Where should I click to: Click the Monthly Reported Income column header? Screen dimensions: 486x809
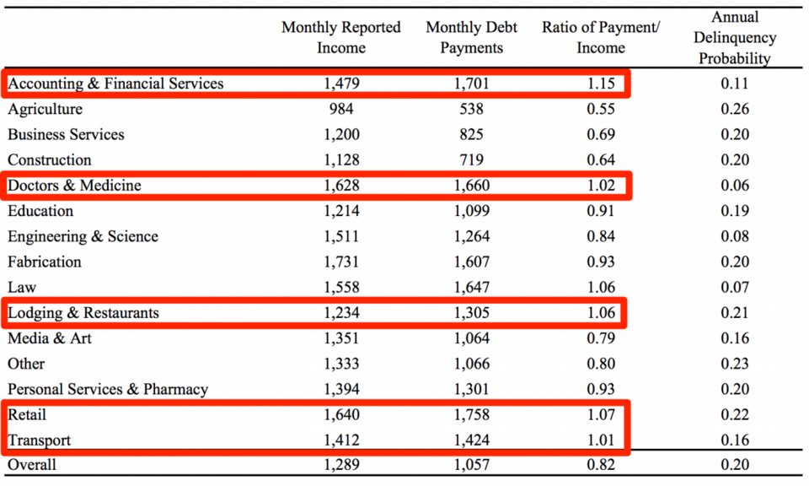341,38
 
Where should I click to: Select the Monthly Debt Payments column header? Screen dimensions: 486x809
471,38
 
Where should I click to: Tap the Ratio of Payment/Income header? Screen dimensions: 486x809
601,38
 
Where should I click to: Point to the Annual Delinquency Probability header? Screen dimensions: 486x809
734,38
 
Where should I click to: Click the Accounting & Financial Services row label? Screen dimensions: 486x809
115,84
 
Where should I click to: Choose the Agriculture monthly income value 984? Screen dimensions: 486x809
341,109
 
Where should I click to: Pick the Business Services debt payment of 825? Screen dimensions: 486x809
471,134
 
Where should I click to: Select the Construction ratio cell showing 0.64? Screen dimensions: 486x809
601,159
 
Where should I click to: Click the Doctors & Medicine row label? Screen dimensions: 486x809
74,186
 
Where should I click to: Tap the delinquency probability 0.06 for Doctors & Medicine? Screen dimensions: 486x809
734,186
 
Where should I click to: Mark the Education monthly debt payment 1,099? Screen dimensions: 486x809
471,211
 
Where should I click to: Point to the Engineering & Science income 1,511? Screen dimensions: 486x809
341,236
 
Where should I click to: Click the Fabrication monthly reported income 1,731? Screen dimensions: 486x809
341,262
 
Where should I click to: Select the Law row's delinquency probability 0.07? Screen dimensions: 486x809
734,288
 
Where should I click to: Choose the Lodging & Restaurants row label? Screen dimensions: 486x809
83,313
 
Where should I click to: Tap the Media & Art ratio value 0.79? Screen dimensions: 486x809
601,338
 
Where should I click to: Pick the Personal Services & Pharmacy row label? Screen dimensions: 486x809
108,389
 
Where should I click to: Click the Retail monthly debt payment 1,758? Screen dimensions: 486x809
471,415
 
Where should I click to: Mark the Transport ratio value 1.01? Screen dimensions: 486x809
601,440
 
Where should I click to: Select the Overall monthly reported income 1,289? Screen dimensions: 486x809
341,464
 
